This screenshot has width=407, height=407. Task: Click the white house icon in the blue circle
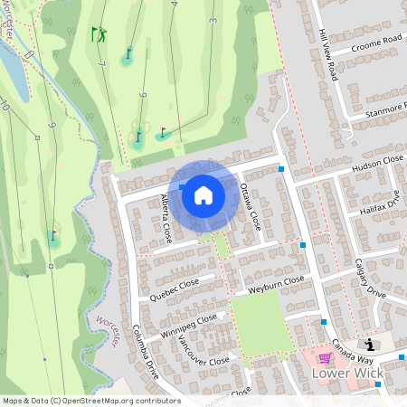pos(203,194)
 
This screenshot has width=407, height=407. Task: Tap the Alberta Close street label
pos(166,216)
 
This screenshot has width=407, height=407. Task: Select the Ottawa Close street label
pos(251,206)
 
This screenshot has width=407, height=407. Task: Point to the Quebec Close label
pos(175,288)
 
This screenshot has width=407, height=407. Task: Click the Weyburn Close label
pos(276,285)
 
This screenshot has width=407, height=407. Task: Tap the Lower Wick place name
pos(347,373)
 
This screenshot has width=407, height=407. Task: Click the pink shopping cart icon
pos(325,357)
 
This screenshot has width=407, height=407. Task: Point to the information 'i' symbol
pos(369,345)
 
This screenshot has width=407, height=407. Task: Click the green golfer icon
pos(99,34)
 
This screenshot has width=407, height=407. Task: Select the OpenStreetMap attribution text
pos(91,401)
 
